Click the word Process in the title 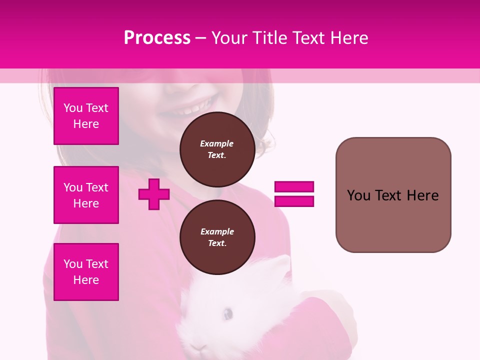tap(157, 38)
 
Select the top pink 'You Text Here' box tap(86, 116)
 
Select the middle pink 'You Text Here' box tap(86, 195)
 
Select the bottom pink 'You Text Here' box tap(86, 272)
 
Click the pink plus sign tap(154, 194)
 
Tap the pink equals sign tap(294, 194)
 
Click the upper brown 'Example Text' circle tap(217, 149)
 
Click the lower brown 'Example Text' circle tap(217, 237)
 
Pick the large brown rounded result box tap(393, 195)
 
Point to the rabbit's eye tap(227, 314)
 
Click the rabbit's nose tap(199, 346)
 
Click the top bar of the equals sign tap(294, 187)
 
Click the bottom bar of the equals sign tap(294, 201)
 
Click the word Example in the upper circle tap(217, 143)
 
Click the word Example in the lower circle tap(217, 231)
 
